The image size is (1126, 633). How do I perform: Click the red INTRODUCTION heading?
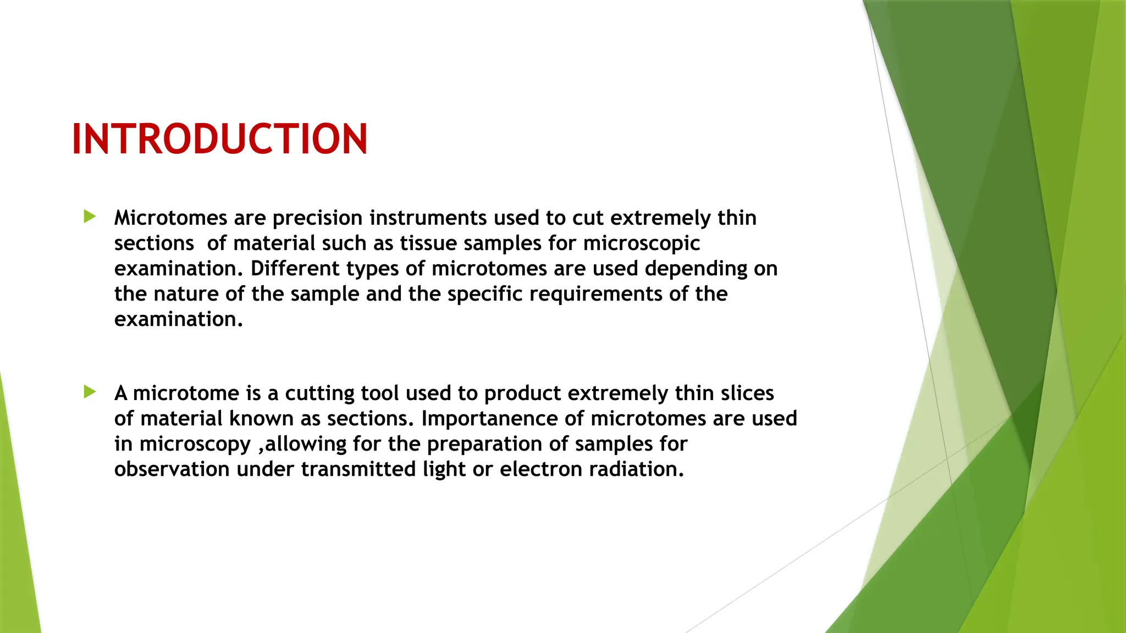219,139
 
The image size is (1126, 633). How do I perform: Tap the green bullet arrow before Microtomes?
90,216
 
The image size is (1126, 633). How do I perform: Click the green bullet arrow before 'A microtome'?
90,392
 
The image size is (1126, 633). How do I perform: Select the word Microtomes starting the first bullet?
170,218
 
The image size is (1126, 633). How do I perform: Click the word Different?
295,269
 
